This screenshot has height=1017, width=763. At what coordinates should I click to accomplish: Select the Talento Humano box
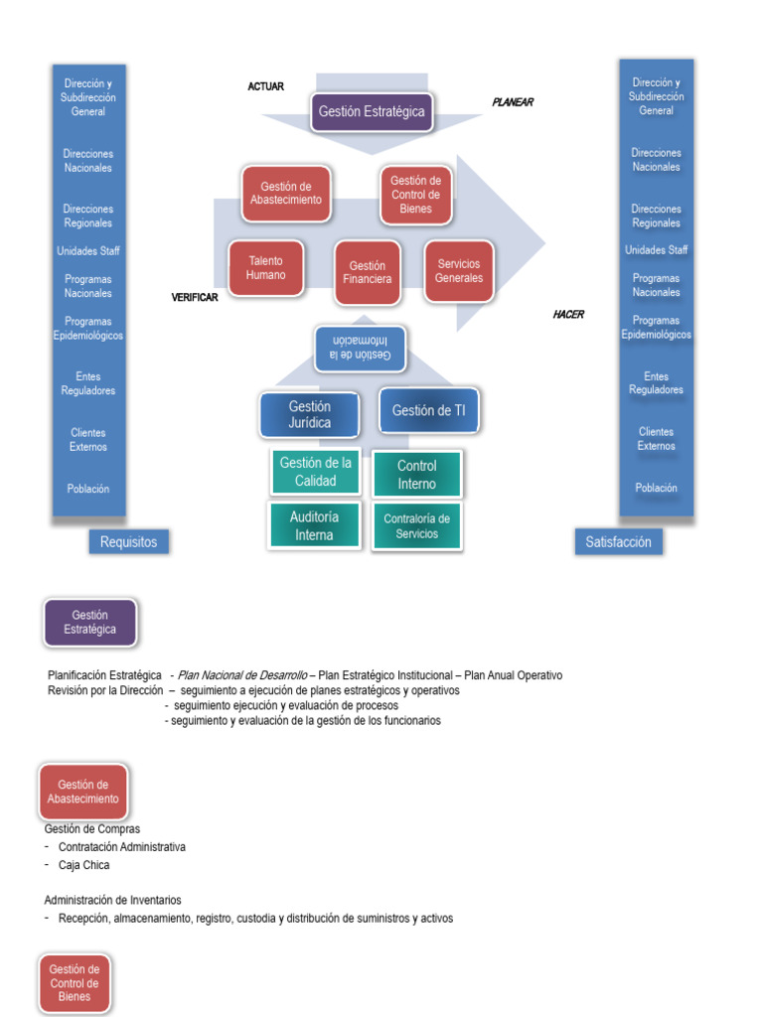[x=266, y=268]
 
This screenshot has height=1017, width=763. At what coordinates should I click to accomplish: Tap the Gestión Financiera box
[x=368, y=272]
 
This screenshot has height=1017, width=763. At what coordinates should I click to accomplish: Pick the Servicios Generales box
[x=458, y=271]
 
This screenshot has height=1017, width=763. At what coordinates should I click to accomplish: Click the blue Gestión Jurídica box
[x=310, y=414]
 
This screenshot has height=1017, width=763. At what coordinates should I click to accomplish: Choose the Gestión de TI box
[x=428, y=410]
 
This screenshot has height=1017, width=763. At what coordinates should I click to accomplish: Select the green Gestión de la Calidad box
[x=315, y=472]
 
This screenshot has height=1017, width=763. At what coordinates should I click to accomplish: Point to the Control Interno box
[x=417, y=475]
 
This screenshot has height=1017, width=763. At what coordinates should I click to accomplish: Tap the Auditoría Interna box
[x=315, y=525]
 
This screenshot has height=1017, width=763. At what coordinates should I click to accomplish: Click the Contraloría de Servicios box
[x=417, y=525]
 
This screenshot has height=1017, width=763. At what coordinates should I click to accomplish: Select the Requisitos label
[x=128, y=542]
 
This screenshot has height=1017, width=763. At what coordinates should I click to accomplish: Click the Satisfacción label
[x=618, y=542]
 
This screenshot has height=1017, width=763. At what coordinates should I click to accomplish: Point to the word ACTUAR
[x=265, y=86]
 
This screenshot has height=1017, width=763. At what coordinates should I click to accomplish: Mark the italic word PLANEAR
[x=513, y=102]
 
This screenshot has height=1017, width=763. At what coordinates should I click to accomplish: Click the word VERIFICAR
[x=194, y=298]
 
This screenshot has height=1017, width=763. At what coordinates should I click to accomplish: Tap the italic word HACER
[x=568, y=315]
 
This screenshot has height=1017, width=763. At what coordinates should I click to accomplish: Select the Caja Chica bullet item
[x=83, y=865]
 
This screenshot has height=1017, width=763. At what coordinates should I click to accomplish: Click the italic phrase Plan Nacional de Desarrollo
[x=241, y=675]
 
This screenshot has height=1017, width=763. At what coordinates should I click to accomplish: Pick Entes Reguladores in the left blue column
[x=88, y=383]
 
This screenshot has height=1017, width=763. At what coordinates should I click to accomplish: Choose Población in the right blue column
[x=656, y=488]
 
